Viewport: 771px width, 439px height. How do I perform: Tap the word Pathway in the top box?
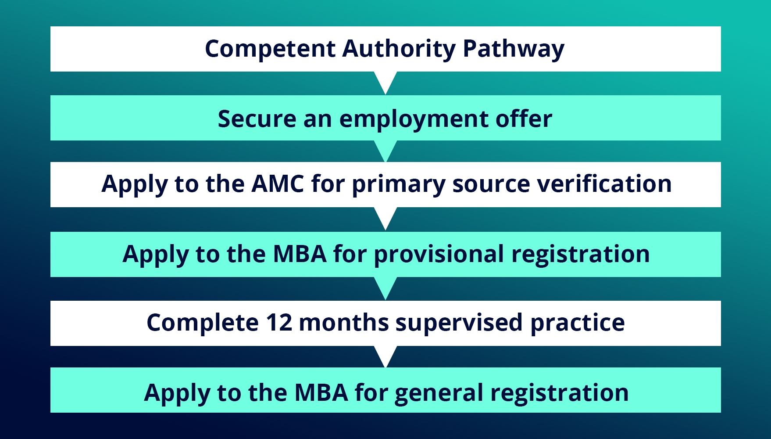click(x=514, y=49)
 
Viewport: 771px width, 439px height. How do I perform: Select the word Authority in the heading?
click(x=399, y=49)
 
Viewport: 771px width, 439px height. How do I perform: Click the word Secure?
click(x=257, y=119)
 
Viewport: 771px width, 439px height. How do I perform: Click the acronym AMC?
click(x=278, y=184)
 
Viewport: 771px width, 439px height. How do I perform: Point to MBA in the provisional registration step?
click(x=300, y=254)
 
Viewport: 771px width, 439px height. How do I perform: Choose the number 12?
click(x=279, y=323)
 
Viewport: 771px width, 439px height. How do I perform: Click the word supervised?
click(x=459, y=323)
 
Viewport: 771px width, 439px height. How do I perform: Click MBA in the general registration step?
click(x=321, y=392)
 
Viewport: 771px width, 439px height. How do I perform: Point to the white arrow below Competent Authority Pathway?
click(x=385, y=81)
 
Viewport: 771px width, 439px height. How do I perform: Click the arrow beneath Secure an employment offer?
click(x=385, y=150)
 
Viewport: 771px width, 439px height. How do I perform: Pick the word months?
click(x=343, y=323)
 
